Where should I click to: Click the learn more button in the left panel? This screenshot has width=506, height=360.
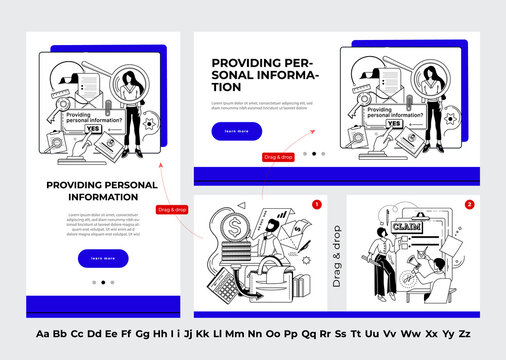click(103, 258)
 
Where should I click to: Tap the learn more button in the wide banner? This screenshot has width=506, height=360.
click(237, 131)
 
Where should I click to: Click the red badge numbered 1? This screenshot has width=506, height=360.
click(317, 204)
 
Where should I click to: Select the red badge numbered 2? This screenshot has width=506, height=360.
click(469, 204)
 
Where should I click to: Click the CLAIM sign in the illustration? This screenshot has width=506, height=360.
click(409, 227)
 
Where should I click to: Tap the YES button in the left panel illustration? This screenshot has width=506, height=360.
click(94, 129)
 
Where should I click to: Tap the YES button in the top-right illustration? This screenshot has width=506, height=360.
click(394, 124)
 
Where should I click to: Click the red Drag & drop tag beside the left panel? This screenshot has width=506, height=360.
click(173, 209)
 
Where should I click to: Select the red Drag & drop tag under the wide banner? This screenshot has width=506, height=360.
click(279, 157)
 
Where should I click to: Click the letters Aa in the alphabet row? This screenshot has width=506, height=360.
click(43, 334)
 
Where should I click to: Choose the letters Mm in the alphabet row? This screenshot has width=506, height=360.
click(235, 334)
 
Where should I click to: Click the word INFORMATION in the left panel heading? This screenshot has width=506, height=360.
click(103, 197)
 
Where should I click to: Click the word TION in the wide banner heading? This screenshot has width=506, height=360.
click(228, 88)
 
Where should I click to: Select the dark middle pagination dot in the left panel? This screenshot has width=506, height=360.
click(103, 282)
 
